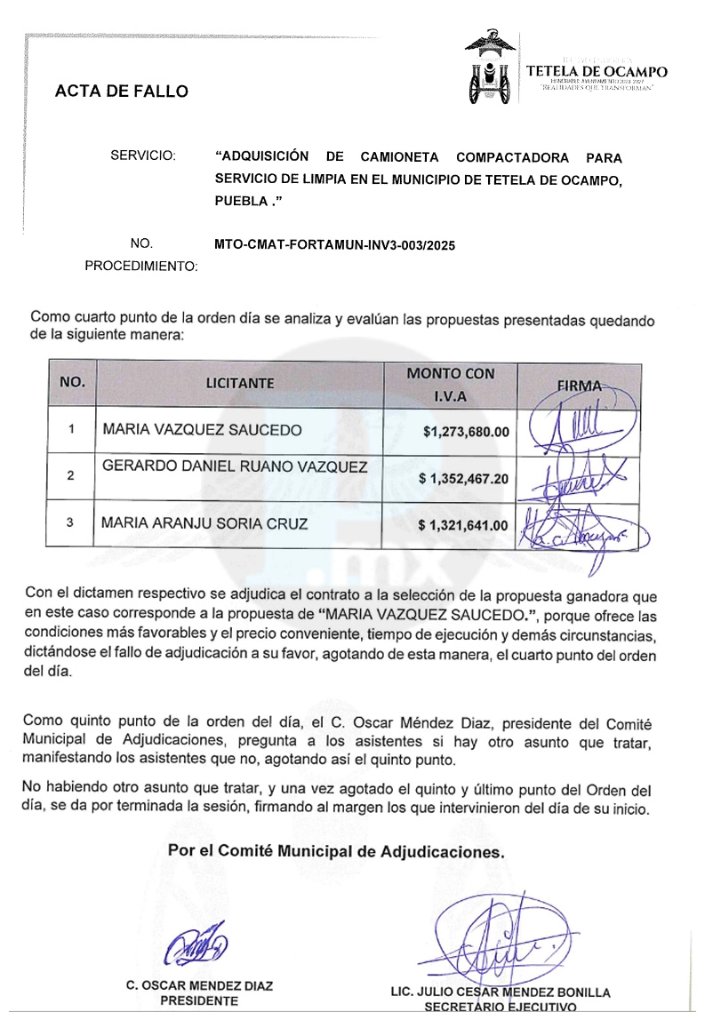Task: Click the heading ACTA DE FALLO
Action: [122, 91]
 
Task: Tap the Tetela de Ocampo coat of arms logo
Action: [490, 68]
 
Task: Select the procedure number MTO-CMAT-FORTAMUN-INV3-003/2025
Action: [334, 245]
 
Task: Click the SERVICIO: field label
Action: [143, 156]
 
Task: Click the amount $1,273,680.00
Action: [467, 433]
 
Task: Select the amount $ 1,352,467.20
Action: [463, 479]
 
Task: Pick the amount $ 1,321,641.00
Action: [463, 525]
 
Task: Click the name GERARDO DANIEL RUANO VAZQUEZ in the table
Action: [234, 467]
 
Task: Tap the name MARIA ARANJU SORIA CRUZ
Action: [204, 524]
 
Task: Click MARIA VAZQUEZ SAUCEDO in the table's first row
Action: [203, 431]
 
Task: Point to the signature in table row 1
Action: [578, 428]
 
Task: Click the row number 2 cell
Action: [71, 476]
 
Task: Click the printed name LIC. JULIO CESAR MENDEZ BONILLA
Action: [501, 992]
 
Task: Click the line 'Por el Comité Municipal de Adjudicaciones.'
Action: [337, 850]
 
